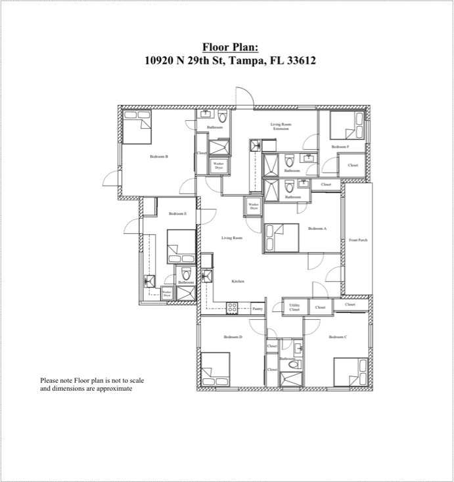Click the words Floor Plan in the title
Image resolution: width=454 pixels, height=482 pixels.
[x=230, y=47]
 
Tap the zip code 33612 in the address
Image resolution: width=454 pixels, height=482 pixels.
[x=298, y=61]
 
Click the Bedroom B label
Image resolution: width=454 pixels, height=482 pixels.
[x=159, y=156]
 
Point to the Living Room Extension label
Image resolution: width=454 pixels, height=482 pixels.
[x=281, y=126]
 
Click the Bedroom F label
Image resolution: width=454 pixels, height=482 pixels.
[x=340, y=146]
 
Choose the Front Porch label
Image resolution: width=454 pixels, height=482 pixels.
[x=358, y=240]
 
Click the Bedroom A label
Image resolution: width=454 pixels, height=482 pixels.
[x=317, y=229]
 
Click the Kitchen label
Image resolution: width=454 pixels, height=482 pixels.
[x=238, y=281]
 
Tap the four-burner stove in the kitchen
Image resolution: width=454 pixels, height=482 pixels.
[x=232, y=307]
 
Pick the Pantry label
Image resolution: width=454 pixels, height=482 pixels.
[x=258, y=307]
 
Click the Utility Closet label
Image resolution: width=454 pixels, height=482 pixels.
[x=294, y=307]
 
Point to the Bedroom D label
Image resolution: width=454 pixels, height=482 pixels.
[x=233, y=337]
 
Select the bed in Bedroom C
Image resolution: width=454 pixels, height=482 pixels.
[x=350, y=372]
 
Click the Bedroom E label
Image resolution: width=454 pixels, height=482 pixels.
[x=177, y=213]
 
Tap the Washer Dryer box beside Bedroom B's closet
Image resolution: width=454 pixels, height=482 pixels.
[x=218, y=166]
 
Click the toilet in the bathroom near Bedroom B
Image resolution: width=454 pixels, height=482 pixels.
[x=222, y=118]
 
